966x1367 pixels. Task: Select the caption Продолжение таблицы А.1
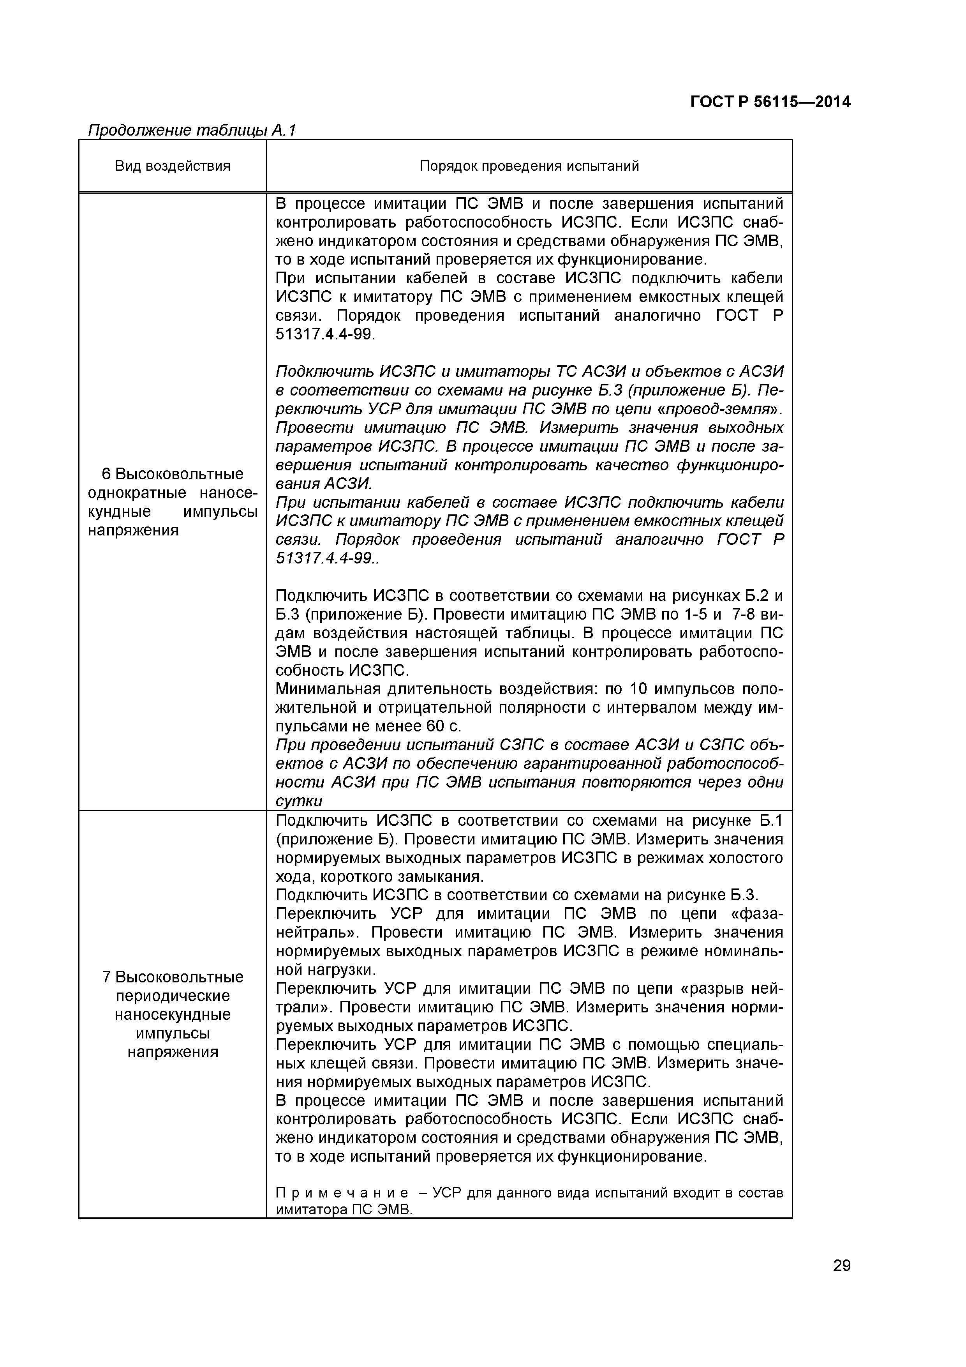coord(192,131)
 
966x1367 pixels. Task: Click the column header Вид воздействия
coord(173,166)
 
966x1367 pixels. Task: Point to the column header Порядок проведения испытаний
coord(529,166)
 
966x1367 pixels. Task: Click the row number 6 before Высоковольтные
coord(106,474)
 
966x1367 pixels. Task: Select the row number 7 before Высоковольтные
coord(106,977)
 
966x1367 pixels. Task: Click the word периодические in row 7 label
coord(173,996)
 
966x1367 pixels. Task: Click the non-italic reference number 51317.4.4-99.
coord(325,335)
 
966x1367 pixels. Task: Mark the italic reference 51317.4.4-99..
coord(325,558)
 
